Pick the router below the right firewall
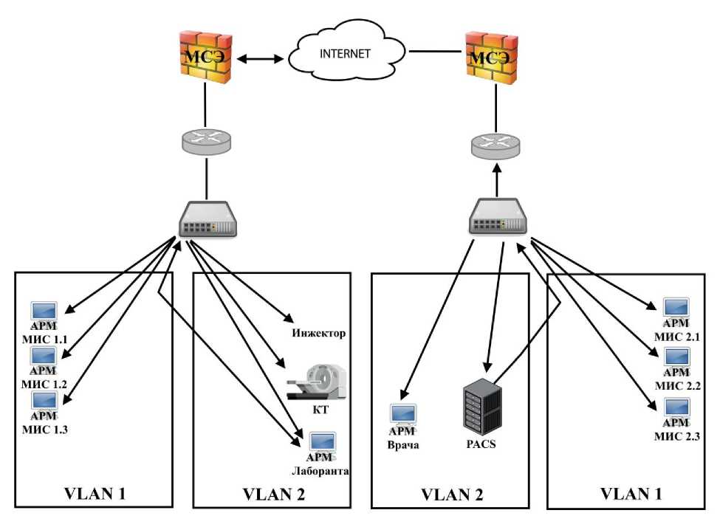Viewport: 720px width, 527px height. [x=497, y=145]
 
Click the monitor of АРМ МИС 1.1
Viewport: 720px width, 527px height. [x=46, y=311]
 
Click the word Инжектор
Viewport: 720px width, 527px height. [x=320, y=334]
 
